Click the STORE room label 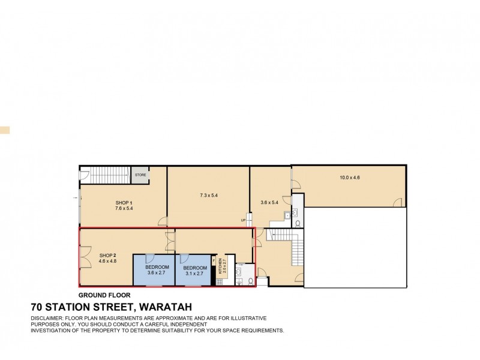140,175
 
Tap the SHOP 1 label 124,206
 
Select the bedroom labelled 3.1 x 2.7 195,270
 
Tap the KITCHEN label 221,265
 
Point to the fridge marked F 213,261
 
